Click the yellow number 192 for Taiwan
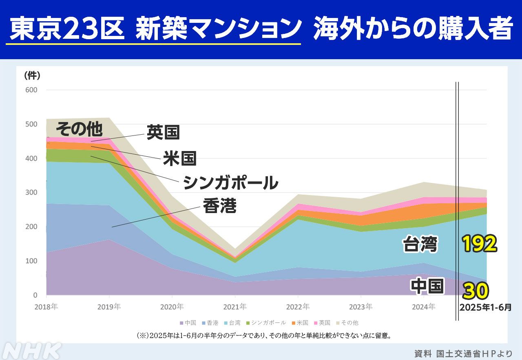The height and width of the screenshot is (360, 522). (x=480, y=244)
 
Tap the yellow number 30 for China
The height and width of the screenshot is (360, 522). (x=476, y=291)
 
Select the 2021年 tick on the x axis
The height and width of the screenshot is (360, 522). (x=235, y=306)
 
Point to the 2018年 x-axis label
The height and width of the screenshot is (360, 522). (x=46, y=306)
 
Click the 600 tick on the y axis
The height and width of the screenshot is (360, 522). (x=32, y=90)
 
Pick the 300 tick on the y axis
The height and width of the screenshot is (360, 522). (x=32, y=193)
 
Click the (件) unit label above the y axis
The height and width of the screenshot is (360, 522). (x=32, y=75)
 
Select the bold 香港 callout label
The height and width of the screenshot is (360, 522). (x=219, y=206)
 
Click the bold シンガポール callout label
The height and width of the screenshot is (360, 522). (x=230, y=182)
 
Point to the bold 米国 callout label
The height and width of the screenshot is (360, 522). (x=180, y=158)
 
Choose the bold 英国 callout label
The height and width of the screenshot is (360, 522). (x=163, y=133)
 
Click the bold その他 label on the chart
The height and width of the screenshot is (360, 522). (x=78, y=129)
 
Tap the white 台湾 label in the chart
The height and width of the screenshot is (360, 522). (x=420, y=245)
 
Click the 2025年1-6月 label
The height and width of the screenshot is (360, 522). (x=485, y=307)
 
